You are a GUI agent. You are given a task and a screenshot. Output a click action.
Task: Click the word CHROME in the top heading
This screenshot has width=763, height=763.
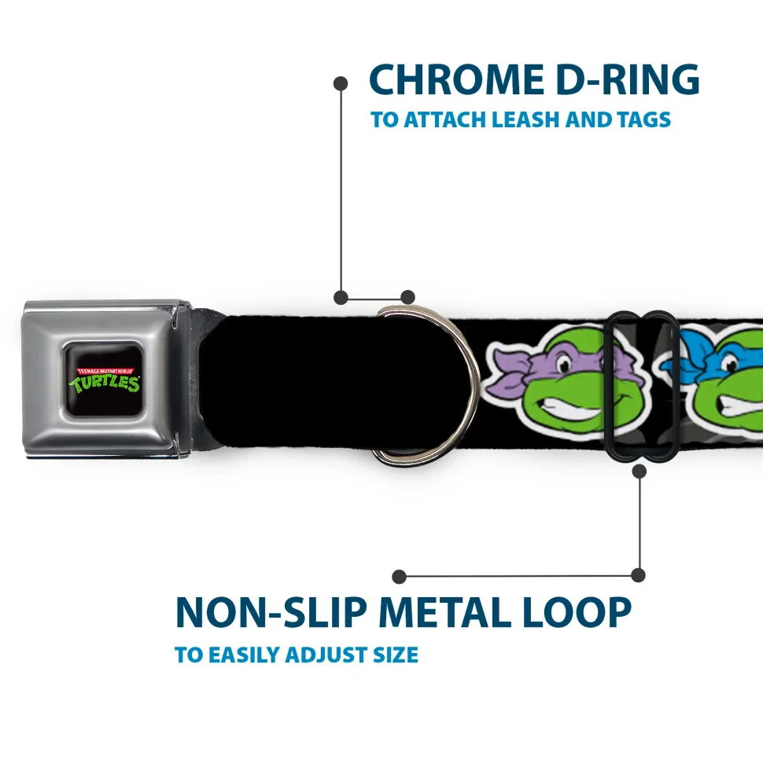pyautogui.click(x=456, y=79)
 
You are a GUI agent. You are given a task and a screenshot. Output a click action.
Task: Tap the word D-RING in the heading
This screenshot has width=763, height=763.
pyautogui.click(x=628, y=79)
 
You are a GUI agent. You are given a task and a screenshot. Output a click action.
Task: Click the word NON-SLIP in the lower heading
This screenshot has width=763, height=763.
pyautogui.click(x=271, y=612)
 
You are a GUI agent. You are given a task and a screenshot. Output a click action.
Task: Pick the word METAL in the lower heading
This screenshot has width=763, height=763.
pyautogui.click(x=445, y=612)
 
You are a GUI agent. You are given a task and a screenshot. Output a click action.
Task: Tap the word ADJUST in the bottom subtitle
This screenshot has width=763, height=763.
pyautogui.click(x=326, y=655)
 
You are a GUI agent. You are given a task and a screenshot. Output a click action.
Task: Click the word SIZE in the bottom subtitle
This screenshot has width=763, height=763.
pyautogui.click(x=396, y=655)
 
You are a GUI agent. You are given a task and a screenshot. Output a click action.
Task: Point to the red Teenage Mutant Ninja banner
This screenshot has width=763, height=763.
pyautogui.click(x=105, y=371)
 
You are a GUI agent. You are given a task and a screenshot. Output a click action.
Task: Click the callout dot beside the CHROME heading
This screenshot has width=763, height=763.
pyautogui.click(x=341, y=83)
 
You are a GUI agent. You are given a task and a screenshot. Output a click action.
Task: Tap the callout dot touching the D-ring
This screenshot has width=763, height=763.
pyautogui.click(x=407, y=297)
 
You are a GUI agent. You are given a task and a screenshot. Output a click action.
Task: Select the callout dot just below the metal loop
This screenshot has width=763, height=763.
pyautogui.click(x=640, y=471)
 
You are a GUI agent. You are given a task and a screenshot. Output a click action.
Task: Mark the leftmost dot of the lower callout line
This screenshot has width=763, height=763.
pyautogui.click(x=399, y=577)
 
